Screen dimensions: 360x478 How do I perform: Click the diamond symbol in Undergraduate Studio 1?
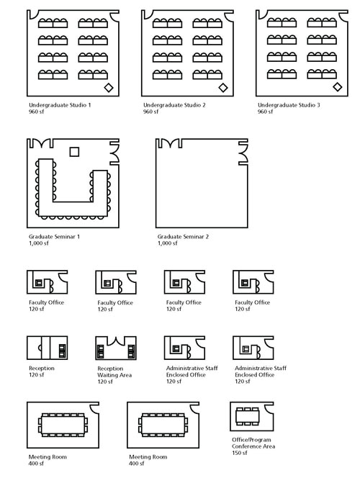[x=109, y=88]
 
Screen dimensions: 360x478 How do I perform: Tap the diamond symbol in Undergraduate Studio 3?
[x=338, y=87]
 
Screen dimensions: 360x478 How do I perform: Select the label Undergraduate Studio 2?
[x=174, y=105]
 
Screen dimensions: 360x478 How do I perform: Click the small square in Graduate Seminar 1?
[x=74, y=151]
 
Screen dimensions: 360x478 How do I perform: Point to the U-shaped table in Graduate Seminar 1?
[x=73, y=209]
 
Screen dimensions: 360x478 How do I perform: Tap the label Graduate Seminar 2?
[x=183, y=237]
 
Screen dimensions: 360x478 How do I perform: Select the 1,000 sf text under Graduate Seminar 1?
[x=39, y=243]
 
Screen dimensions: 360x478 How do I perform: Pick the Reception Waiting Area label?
[x=114, y=372]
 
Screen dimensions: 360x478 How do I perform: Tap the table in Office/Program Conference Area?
[x=248, y=416]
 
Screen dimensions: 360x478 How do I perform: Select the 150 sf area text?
[x=240, y=453]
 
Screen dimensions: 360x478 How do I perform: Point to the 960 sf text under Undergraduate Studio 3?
[x=265, y=112]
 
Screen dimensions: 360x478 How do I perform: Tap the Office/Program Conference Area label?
[x=253, y=443]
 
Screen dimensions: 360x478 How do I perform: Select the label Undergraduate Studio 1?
[x=60, y=105]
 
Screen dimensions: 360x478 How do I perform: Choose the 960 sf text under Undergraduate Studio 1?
[x=36, y=112]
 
